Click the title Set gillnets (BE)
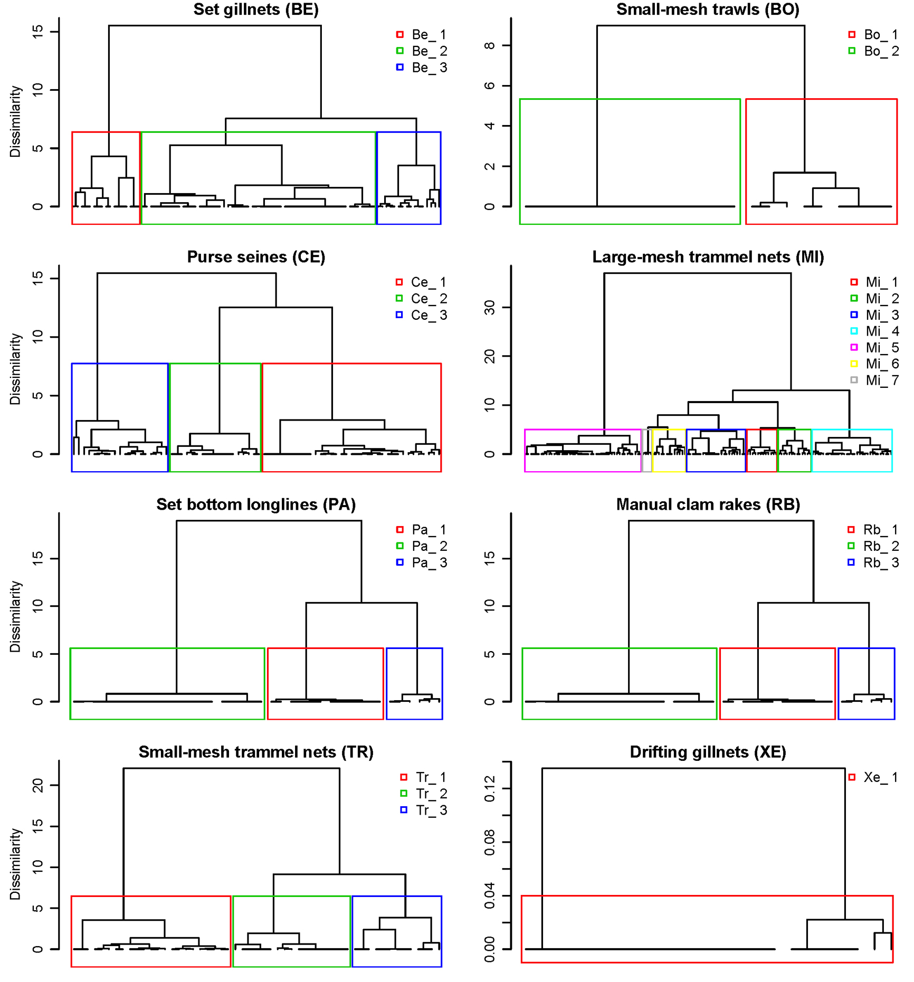click(256, 9)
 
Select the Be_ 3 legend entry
click(422, 68)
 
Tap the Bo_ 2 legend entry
click(873, 51)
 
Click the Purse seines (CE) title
click(256, 257)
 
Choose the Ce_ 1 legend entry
click(421, 282)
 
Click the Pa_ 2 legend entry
click(422, 546)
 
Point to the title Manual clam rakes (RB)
click(708, 504)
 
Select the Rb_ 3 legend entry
click(873, 562)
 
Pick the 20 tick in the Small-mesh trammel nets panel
click(37, 786)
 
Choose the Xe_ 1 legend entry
click(873, 777)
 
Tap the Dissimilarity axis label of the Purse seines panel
click(15, 369)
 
